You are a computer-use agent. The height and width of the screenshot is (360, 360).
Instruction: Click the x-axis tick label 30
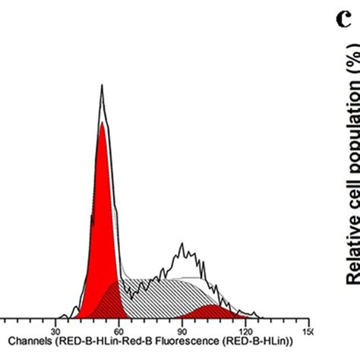tap(55, 332)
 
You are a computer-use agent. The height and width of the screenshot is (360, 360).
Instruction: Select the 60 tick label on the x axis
tap(118, 332)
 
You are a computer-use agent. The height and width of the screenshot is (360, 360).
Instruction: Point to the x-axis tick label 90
tap(182, 332)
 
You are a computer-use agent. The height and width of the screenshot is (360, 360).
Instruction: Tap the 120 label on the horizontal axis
tap(245, 332)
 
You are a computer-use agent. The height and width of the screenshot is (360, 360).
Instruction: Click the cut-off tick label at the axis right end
tap(305, 332)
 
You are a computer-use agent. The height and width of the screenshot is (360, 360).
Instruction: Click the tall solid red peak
tap(102, 228)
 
